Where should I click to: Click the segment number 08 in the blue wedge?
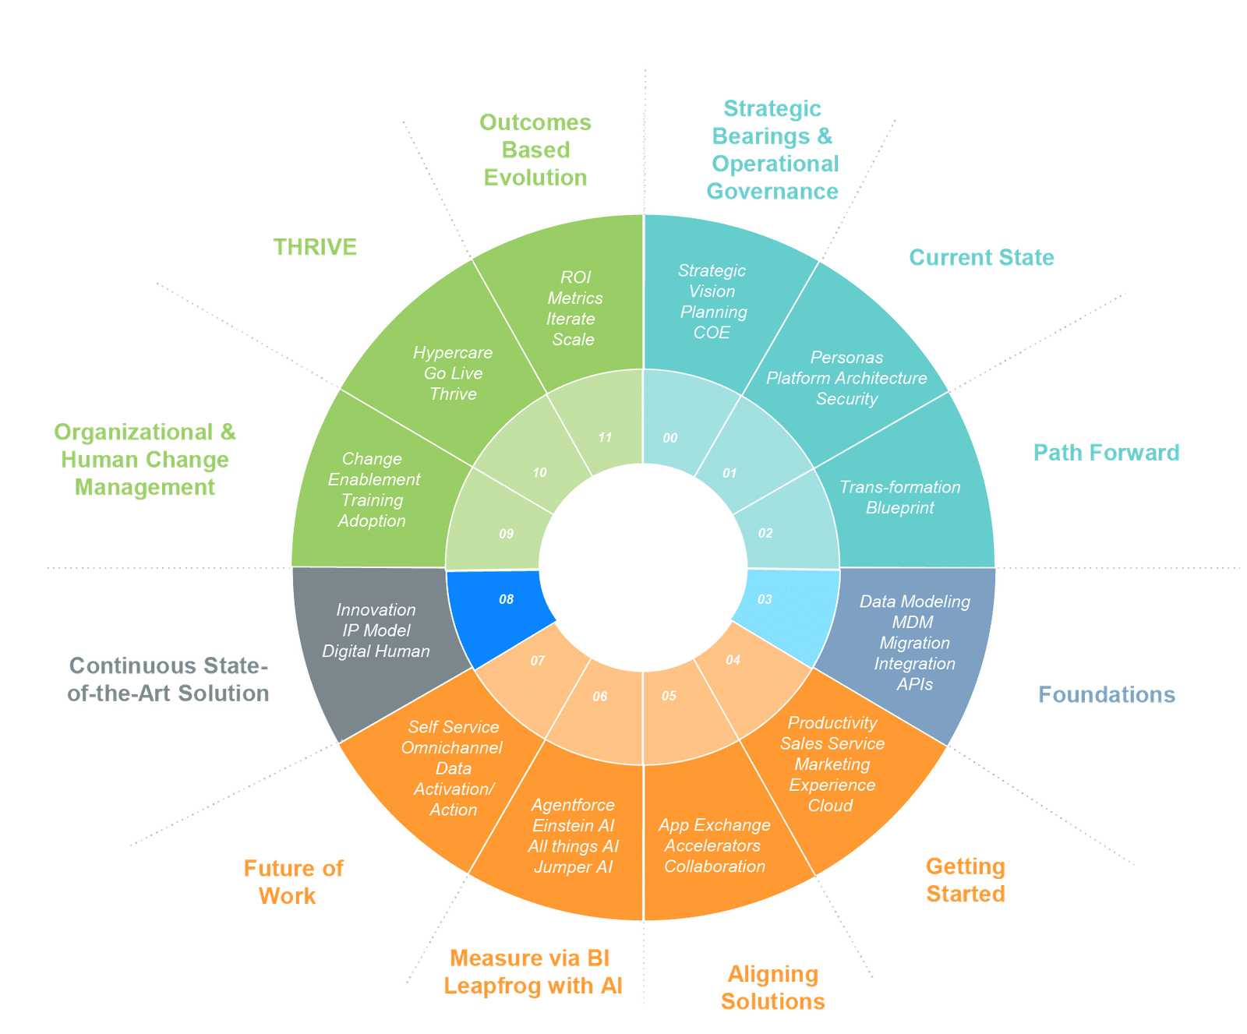click(x=507, y=599)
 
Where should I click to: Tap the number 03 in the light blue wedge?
click(x=765, y=599)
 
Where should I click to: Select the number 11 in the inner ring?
click(x=606, y=437)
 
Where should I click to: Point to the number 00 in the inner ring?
click(x=670, y=438)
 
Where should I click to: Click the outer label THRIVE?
click(x=315, y=247)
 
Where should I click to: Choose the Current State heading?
click(x=982, y=257)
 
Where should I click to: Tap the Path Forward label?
click(x=1106, y=452)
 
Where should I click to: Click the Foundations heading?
click(x=1106, y=694)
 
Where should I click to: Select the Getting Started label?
click(x=966, y=880)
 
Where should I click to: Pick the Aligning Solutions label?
click(x=773, y=987)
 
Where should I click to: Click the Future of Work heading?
click(x=293, y=882)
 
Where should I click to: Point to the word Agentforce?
click(x=573, y=805)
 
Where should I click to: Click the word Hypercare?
click(x=453, y=352)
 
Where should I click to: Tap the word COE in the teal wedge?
click(x=712, y=332)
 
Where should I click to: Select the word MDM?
click(x=913, y=622)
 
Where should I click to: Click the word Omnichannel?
click(x=452, y=747)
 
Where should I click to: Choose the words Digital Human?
click(x=376, y=651)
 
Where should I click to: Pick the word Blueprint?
click(x=899, y=507)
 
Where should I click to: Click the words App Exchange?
click(x=715, y=824)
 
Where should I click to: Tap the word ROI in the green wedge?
click(x=576, y=277)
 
